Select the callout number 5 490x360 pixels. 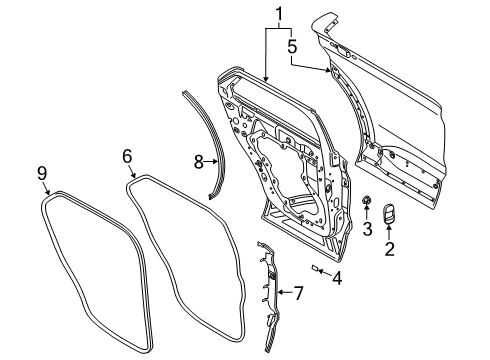[x=292, y=45]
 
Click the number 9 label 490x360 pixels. [x=42, y=174]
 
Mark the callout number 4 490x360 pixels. [x=336, y=277]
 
